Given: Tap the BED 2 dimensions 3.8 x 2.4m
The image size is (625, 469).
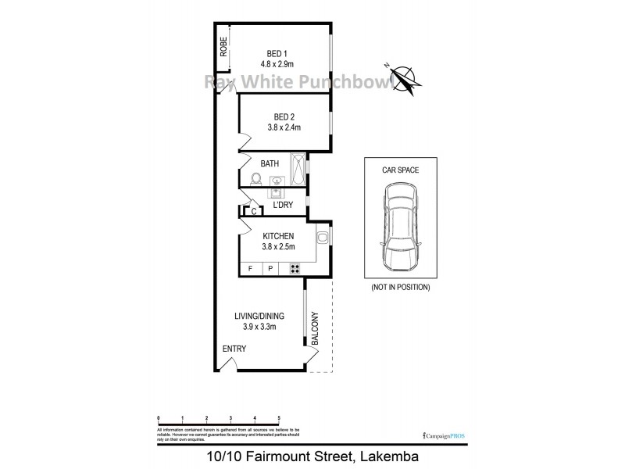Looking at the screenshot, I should pos(279,127).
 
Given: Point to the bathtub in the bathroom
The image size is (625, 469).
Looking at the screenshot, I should pos(298,165).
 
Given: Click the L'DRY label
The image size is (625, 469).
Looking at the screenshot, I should pos(282,204).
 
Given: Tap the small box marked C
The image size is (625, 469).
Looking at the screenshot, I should pos(255,211).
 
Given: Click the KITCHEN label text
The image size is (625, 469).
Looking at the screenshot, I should pos(277,235).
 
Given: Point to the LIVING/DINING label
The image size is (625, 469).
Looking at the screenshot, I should pos(259,316).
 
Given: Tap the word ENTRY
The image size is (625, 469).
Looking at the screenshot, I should pos(234,349).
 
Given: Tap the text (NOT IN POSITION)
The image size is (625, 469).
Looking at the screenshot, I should pos(401,288).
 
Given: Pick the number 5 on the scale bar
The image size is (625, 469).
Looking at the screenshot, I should pos(279,419).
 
